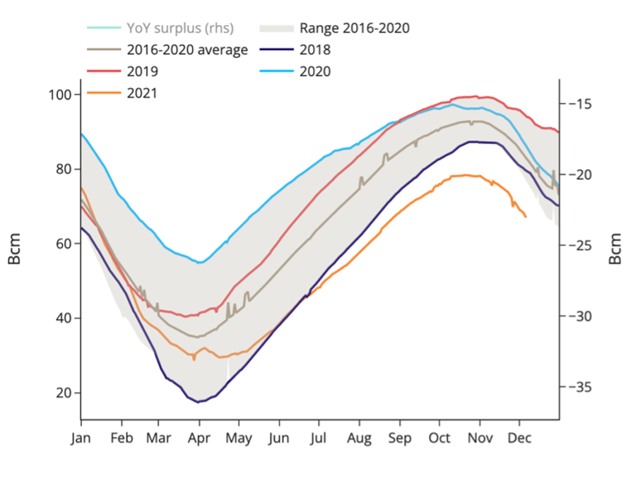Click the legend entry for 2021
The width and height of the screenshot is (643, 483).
point(142,93)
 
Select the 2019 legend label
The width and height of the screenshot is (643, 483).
point(142,71)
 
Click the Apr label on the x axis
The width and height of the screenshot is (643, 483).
point(199,438)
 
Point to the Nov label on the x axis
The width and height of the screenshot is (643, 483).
point(480,438)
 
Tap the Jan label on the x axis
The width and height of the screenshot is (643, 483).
point(81,438)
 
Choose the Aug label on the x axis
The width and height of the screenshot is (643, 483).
point(359,438)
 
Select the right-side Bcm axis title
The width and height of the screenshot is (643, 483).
point(616,249)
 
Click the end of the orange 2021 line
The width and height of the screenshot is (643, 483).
point(526,217)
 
